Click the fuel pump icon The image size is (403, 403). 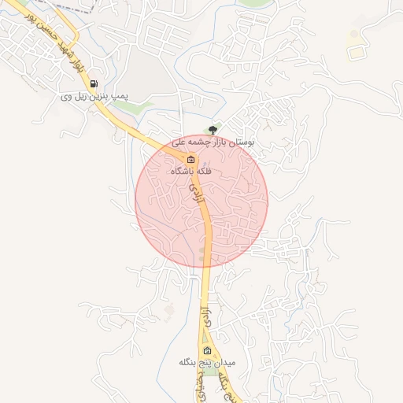(94, 83)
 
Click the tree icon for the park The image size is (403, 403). (211, 130)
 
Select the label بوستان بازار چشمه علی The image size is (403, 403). (214, 143)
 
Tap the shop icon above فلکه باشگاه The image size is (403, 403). (190, 158)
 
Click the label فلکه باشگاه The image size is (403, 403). (190, 170)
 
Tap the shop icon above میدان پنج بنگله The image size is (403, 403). (207, 350)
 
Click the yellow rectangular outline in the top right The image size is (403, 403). (357, 51)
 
